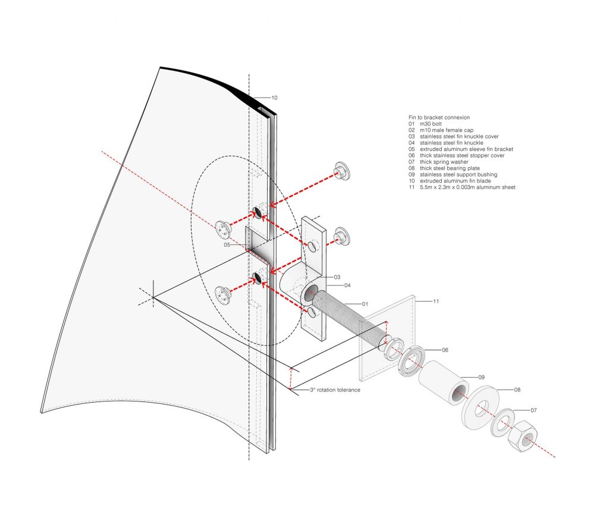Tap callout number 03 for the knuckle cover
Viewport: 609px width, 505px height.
coord(336,277)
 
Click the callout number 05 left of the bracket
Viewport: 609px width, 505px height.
coord(227,244)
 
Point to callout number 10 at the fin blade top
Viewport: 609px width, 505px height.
coord(274,98)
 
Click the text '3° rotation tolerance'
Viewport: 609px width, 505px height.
coord(334,390)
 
